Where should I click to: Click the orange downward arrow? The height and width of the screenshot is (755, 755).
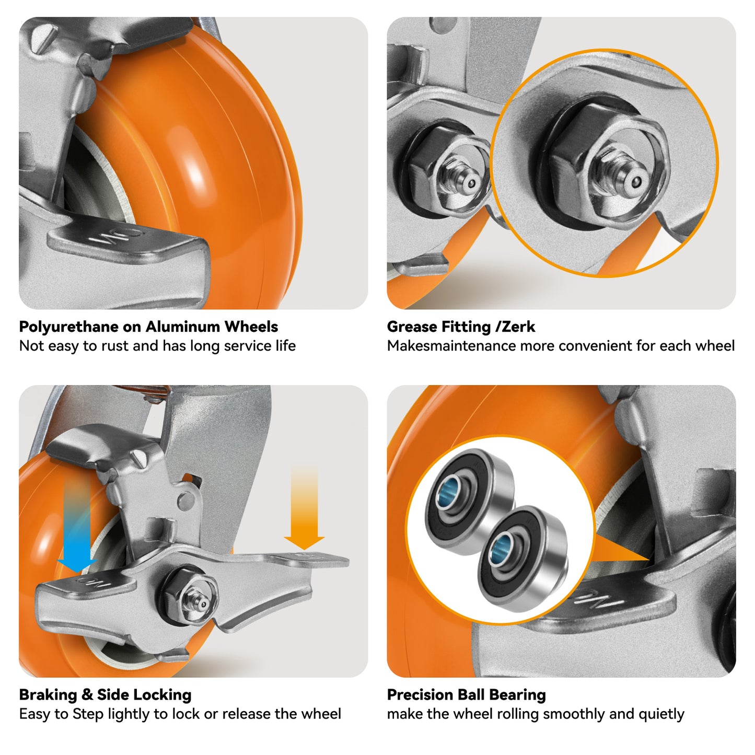click(x=304, y=512)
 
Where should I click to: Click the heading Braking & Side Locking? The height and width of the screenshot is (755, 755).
click(x=105, y=695)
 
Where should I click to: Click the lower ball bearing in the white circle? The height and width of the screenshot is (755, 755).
click(x=522, y=556)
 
